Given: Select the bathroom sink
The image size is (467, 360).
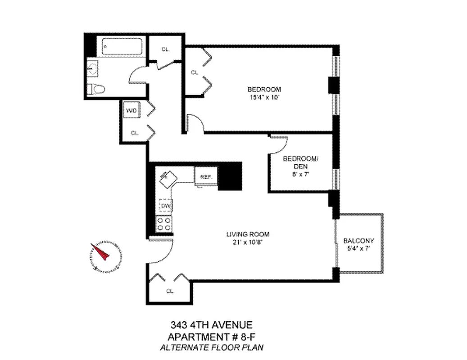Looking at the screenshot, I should pyautogui.click(x=93, y=69).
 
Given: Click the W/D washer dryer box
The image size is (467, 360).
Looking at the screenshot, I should pyautogui.click(x=131, y=110).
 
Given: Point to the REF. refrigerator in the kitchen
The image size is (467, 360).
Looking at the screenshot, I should pyautogui.click(x=206, y=176).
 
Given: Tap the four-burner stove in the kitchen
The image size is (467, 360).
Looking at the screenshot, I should pyautogui.click(x=164, y=224).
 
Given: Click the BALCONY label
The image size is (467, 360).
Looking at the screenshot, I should pyautogui.click(x=358, y=240).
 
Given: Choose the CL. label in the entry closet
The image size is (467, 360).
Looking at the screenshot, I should pyautogui.click(x=170, y=291).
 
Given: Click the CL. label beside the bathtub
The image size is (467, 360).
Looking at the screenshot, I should pyautogui.click(x=165, y=49).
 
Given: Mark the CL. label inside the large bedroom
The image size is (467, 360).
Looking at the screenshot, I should pyautogui.click(x=195, y=72).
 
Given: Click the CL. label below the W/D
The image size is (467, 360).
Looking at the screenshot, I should pyautogui.click(x=134, y=133).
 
